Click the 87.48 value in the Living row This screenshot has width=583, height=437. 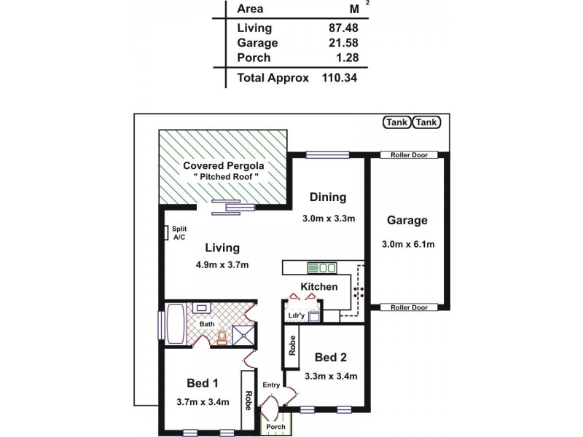(343, 28)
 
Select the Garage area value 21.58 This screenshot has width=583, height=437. (343, 43)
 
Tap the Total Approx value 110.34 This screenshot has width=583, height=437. (340, 77)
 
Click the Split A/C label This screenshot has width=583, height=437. (179, 233)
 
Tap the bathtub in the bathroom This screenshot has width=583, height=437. (176, 324)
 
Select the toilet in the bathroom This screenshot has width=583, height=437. (222, 336)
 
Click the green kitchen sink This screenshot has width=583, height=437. (320, 267)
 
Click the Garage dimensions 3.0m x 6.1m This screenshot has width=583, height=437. (407, 244)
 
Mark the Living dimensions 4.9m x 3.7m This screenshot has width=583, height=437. (222, 265)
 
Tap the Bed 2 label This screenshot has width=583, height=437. (330, 357)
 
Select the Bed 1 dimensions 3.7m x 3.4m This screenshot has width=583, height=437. (203, 401)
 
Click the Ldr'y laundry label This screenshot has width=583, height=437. (296, 315)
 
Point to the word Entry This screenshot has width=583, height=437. (271, 385)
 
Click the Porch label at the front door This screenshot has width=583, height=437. (275, 426)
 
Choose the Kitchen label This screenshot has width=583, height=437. (319, 286)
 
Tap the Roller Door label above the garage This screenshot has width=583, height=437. (408, 154)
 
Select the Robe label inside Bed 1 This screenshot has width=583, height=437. (248, 401)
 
